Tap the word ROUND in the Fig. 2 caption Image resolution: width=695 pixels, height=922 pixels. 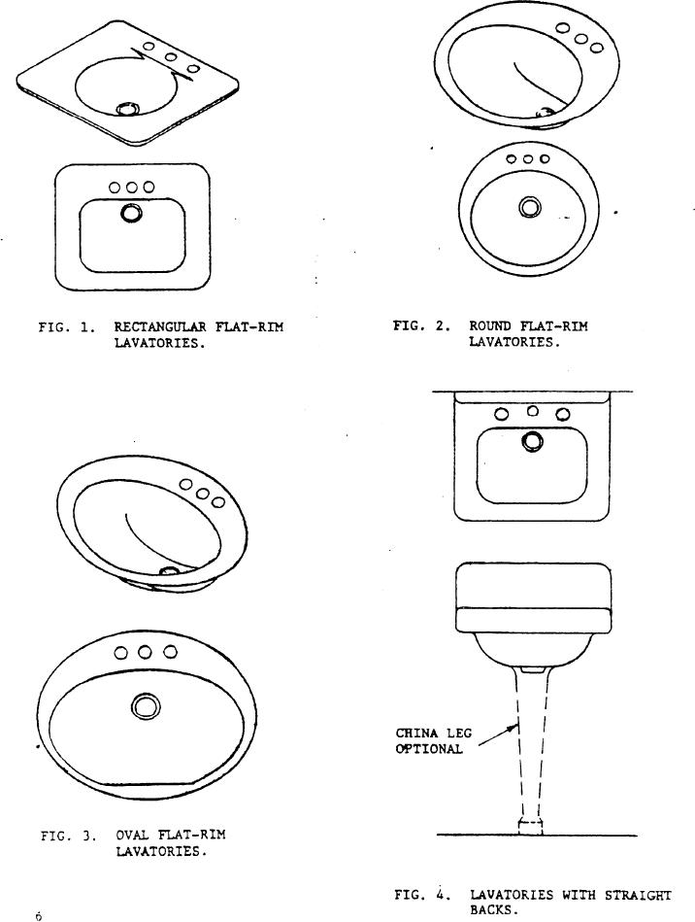(x=490, y=326)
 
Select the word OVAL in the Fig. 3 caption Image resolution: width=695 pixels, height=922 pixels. (x=132, y=835)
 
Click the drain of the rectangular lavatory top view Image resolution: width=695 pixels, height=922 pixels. (x=130, y=213)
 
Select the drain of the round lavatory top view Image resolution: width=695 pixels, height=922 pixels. (x=530, y=206)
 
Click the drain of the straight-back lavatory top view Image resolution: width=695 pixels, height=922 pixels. (x=532, y=442)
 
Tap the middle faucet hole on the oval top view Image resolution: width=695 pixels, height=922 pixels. (x=145, y=652)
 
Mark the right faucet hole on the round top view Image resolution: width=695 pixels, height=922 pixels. (x=546, y=158)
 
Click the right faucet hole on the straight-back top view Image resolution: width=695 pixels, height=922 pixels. (x=563, y=414)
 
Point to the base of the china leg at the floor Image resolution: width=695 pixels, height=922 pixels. (x=530, y=826)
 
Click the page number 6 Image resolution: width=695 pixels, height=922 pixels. (x=39, y=915)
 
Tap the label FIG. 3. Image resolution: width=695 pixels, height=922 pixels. (x=67, y=835)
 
